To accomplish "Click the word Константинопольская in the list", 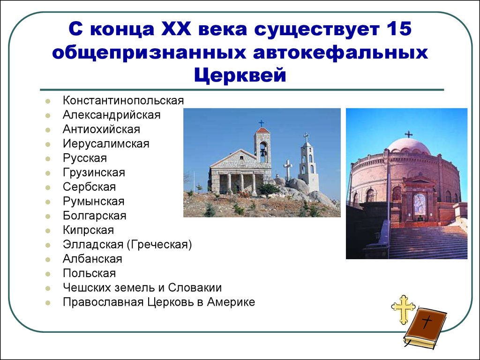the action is tap(123, 100).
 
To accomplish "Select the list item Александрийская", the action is tap(112, 115).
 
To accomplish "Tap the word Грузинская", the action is tap(94, 172).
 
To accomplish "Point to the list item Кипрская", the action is tap(89, 230).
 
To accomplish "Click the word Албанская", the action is tap(92, 259).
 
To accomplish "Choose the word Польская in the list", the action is tap(90, 273).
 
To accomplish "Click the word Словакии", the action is tap(195, 287).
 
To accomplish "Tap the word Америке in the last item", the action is tap(231, 302).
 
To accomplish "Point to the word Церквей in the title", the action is tap(240, 75).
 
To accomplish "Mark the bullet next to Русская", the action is tap(48, 159).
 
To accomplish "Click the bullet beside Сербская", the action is tap(48, 187).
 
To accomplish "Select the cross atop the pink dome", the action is tap(408, 135).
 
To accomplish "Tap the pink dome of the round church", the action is tap(409, 146).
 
